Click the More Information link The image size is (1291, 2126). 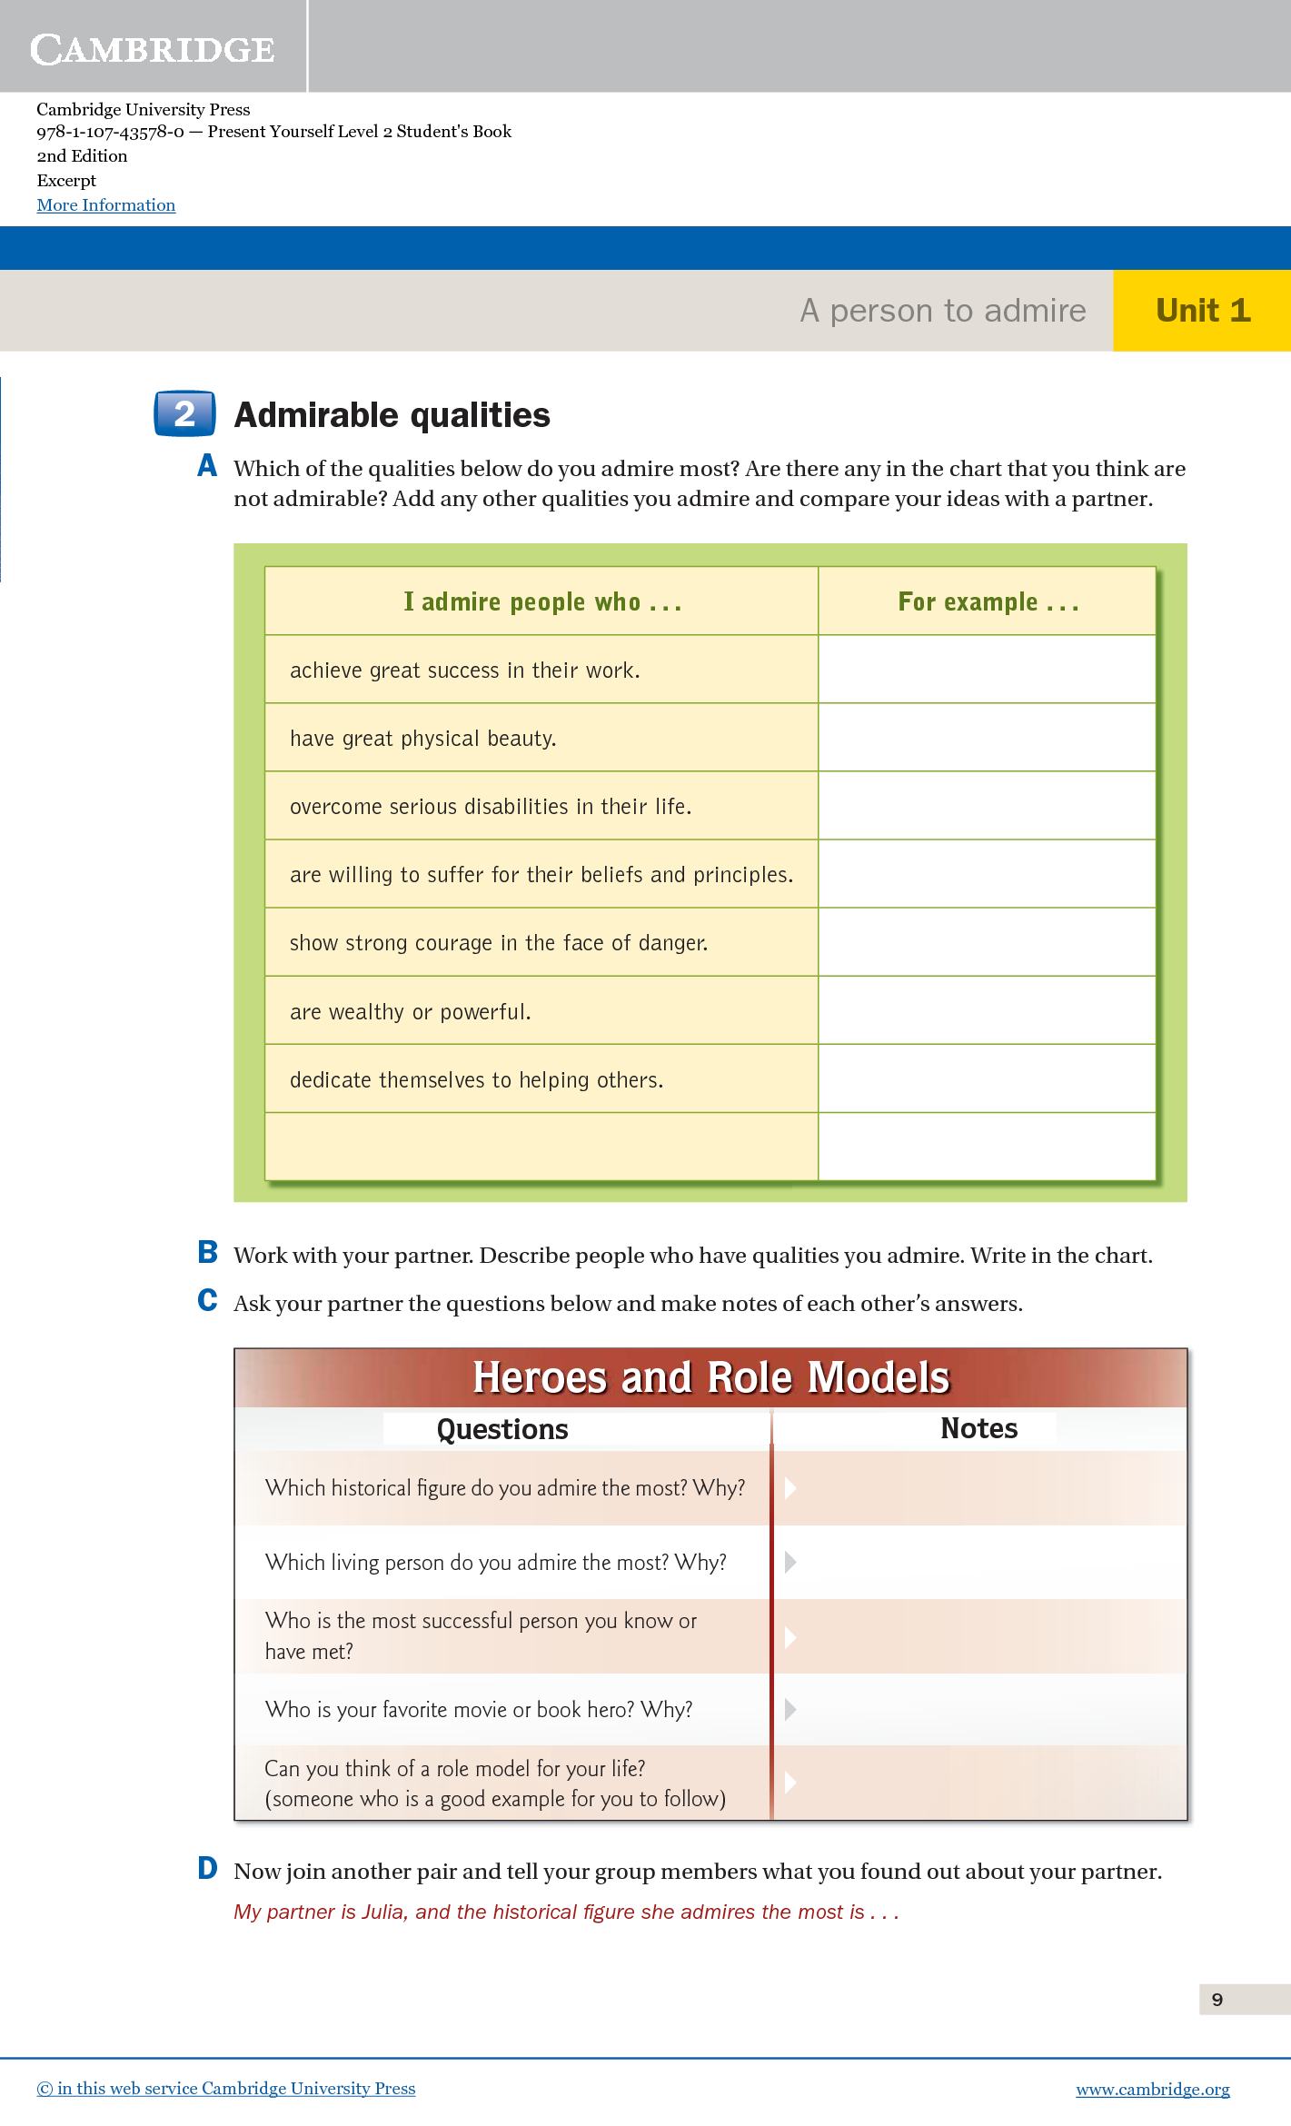(x=106, y=205)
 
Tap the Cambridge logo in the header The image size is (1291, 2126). (x=152, y=49)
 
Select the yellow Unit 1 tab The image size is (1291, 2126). (x=1202, y=311)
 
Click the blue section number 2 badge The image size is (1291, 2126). (x=184, y=414)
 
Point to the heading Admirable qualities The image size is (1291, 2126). (x=392, y=415)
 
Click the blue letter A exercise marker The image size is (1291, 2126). (x=207, y=467)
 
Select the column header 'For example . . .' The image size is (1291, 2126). (x=988, y=601)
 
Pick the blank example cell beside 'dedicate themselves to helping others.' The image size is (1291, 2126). (x=987, y=1078)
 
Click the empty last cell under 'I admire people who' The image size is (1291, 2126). (x=541, y=1146)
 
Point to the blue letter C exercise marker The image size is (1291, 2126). (x=207, y=1301)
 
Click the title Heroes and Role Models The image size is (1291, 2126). (x=710, y=1377)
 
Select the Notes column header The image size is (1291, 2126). (x=978, y=1428)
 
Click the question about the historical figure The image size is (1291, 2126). (x=504, y=1488)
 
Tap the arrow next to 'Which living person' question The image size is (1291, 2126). (x=790, y=1563)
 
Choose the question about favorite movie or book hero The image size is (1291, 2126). (x=478, y=1710)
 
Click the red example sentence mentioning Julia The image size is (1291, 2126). (x=566, y=1912)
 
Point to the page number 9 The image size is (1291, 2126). (x=1217, y=1999)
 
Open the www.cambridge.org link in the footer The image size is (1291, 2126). (x=1152, y=2089)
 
